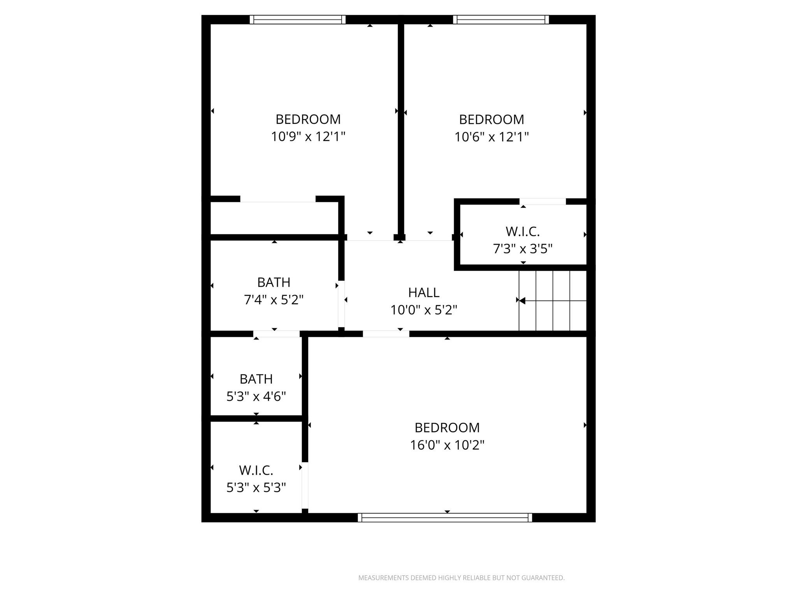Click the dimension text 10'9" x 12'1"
coord(308,137)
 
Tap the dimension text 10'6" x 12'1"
coord(492,137)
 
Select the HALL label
coord(423,292)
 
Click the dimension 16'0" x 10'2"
coord(447,445)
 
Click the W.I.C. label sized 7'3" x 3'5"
coord(522,232)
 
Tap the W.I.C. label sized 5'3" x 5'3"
coord(256,470)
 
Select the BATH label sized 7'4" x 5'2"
coord(274,282)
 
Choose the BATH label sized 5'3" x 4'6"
coord(256,379)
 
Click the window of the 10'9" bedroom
coord(297,19)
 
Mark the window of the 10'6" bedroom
coord(501,19)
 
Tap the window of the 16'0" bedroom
coord(444,517)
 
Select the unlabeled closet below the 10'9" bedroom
coord(274,218)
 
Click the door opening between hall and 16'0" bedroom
coord(386,334)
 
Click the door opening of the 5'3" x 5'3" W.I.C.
coord(305,485)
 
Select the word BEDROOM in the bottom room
coord(447,427)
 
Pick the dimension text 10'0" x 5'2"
coord(423,310)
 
